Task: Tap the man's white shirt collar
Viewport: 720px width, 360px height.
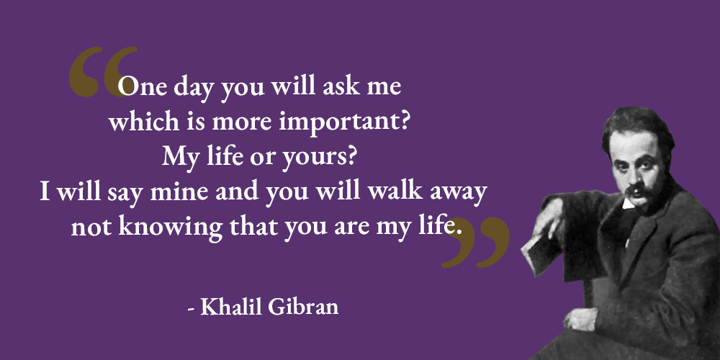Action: [x=628, y=204]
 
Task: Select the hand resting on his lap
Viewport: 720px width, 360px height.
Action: [x=580, y=319]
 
